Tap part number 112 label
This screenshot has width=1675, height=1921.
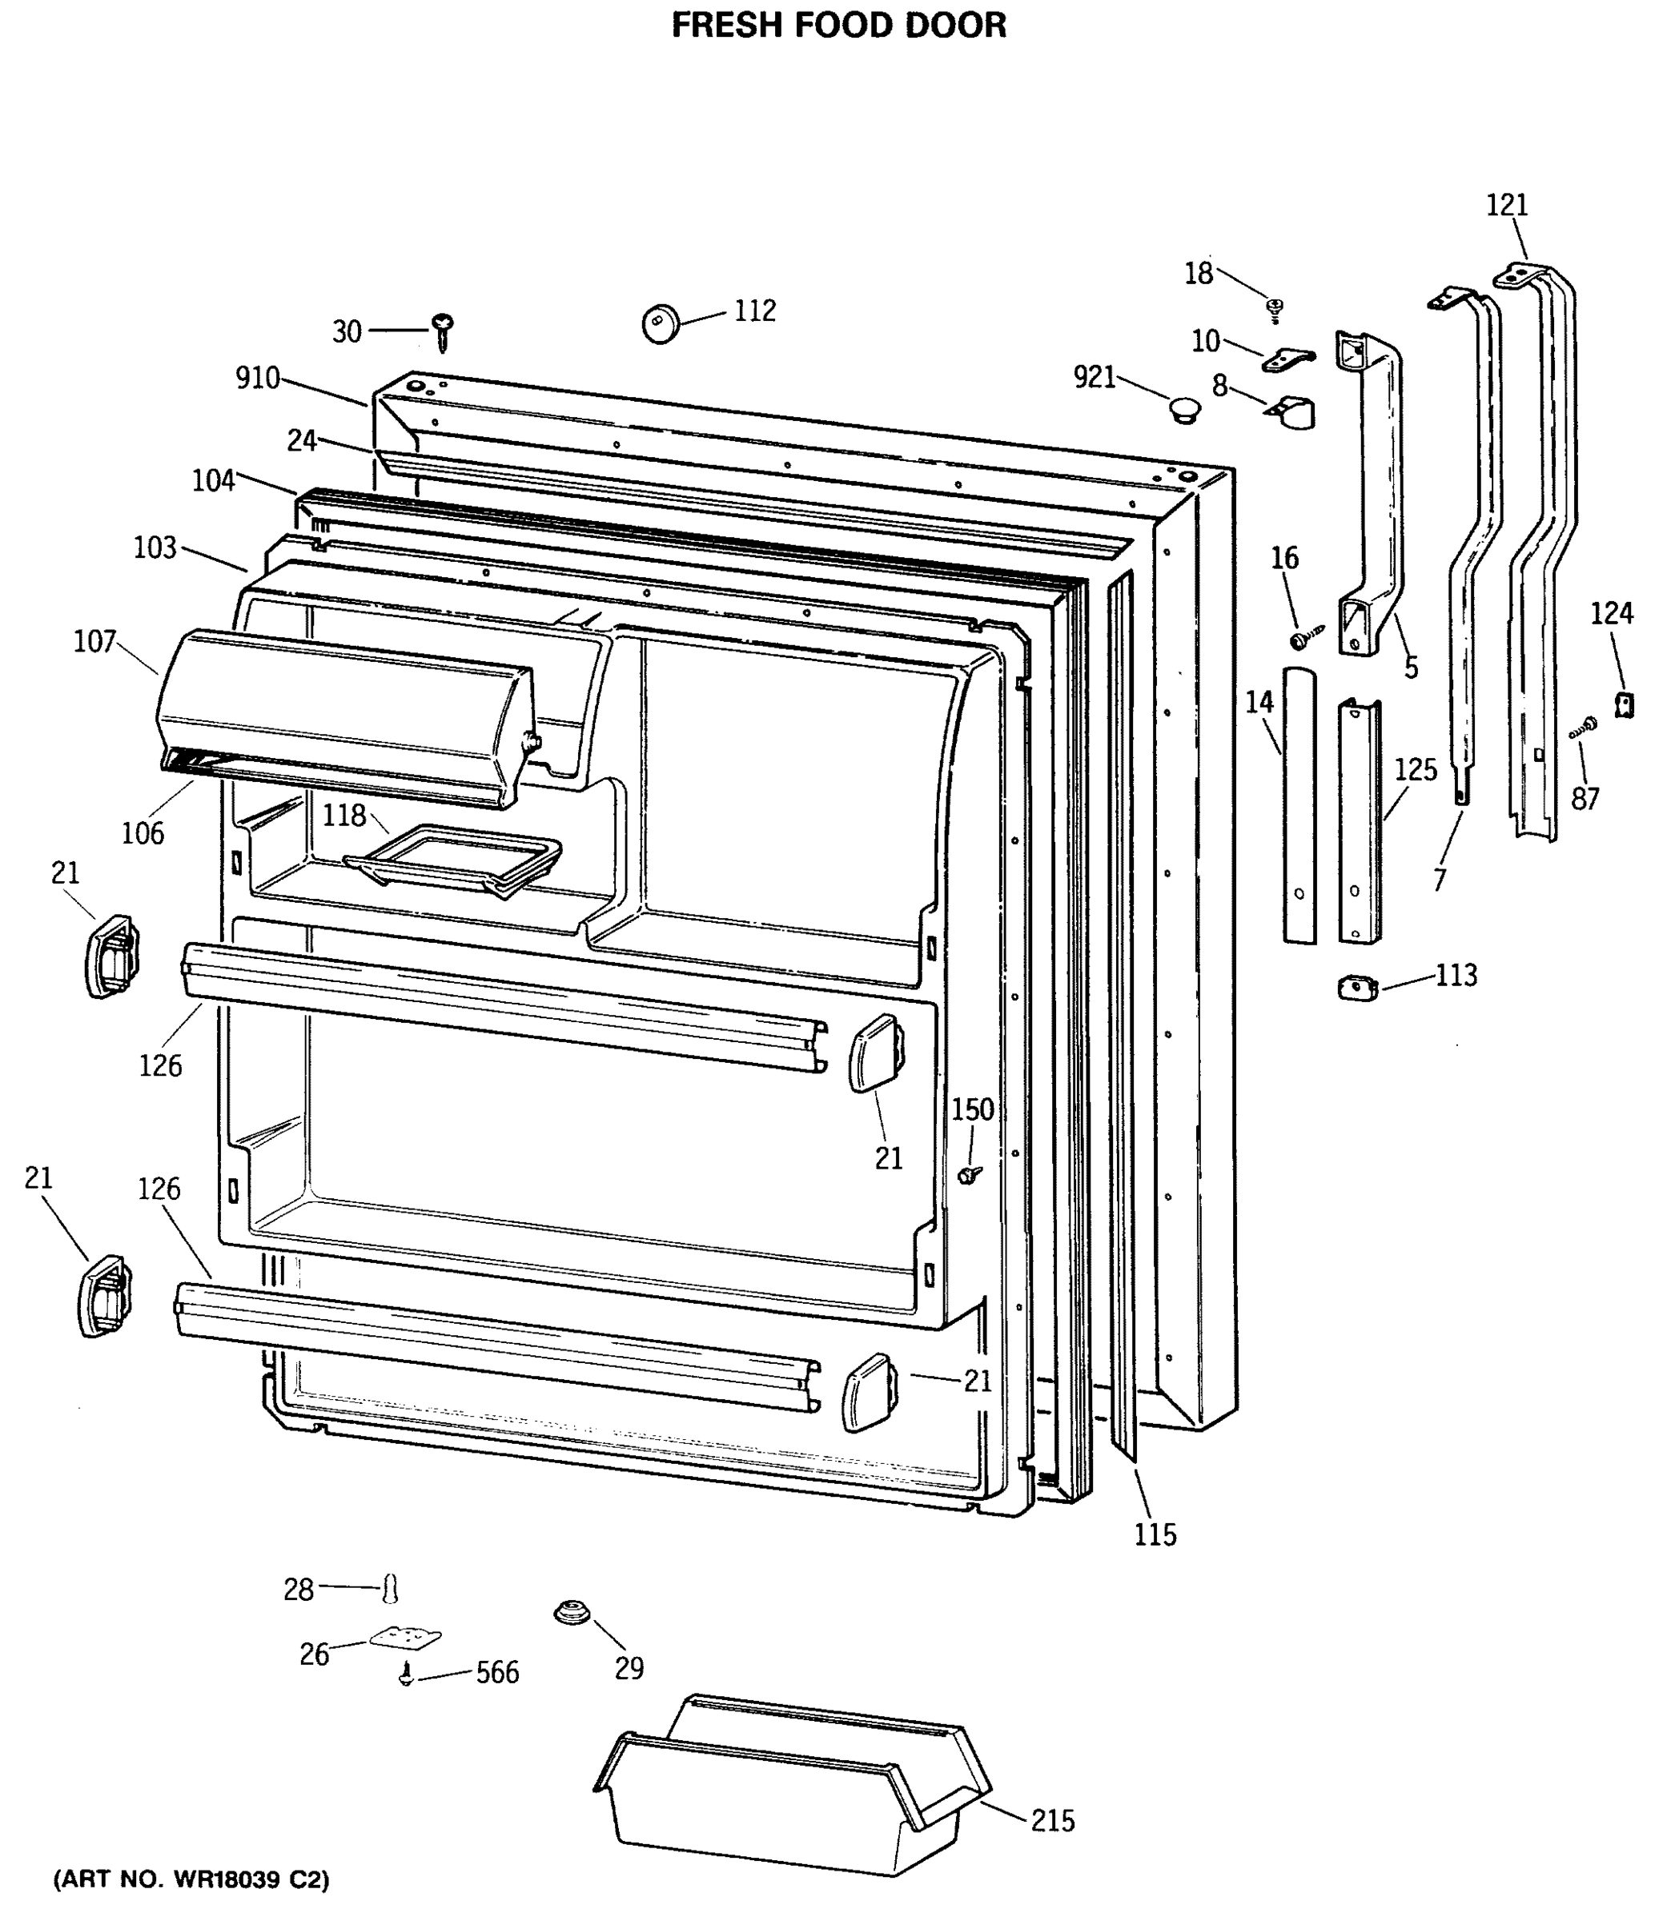coord(754,311)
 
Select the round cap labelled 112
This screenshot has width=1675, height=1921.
coord(661,323)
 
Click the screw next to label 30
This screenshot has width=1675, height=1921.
coord(442,330)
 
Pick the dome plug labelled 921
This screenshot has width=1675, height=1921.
coord(1184,408)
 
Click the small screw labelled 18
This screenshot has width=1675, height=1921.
coord(1274,307)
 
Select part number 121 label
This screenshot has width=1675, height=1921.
coord(1506,205)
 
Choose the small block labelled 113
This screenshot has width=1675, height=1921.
coord(1358,988)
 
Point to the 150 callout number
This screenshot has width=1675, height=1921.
coord(972,1109)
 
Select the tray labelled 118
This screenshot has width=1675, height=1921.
coord(453,856)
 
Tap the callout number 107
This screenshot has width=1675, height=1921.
coord(94,641)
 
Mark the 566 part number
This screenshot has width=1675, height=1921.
coord(497,1672)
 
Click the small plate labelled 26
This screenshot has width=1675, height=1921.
coord(404,1637)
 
